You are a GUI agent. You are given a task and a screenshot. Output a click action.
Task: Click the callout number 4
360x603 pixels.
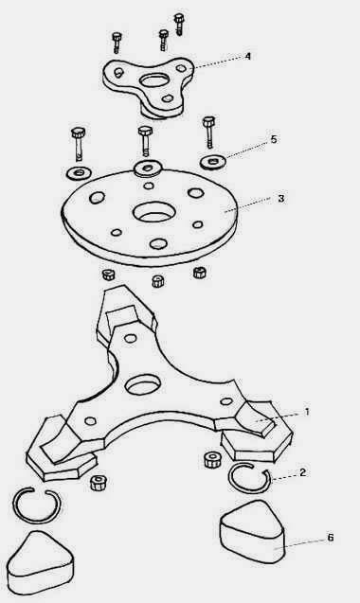pyautogui.click(x=248, y=57)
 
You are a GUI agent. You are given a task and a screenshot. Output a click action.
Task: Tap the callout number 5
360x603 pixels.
pyautogui.click(x=274, y=139)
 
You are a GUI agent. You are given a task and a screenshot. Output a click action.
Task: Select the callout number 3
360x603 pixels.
pyautogui.click(x=281, y=199)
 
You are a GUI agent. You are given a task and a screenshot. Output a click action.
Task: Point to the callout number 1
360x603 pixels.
pyautogui.click(x=307, y=412)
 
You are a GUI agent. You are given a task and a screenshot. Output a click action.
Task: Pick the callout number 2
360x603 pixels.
pyautogui.click(x=302, y=472)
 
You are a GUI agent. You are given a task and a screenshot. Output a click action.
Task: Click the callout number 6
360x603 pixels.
pyautogui.click(x=331, y=538)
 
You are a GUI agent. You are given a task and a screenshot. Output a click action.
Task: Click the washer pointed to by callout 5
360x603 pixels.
pyautogui.click(x=213, y=162)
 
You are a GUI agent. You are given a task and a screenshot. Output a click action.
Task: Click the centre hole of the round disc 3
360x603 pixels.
pyautogui.click(x=154, y=213)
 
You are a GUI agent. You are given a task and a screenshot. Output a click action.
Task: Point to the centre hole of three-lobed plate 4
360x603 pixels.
pyautogui.click(x=154, y=80)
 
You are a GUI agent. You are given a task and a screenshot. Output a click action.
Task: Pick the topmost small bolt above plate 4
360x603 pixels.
pyautogui.click(x=179, y=24)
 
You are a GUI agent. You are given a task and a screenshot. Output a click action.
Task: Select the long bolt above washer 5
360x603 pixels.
pyautogui.click(x=209, y=133)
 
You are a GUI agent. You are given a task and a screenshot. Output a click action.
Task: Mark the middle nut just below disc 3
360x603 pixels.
pyautogui.click(x=158, y=281)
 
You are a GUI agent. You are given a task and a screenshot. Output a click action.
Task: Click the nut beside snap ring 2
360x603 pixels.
pyautogui.click(x=212, y=459)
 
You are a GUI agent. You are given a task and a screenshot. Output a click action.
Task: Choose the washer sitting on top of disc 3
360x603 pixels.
pyautogui.click(x=148, y=168)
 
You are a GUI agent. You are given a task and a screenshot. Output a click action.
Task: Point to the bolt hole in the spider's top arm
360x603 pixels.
pyautogui.click(x=131, y=339)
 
